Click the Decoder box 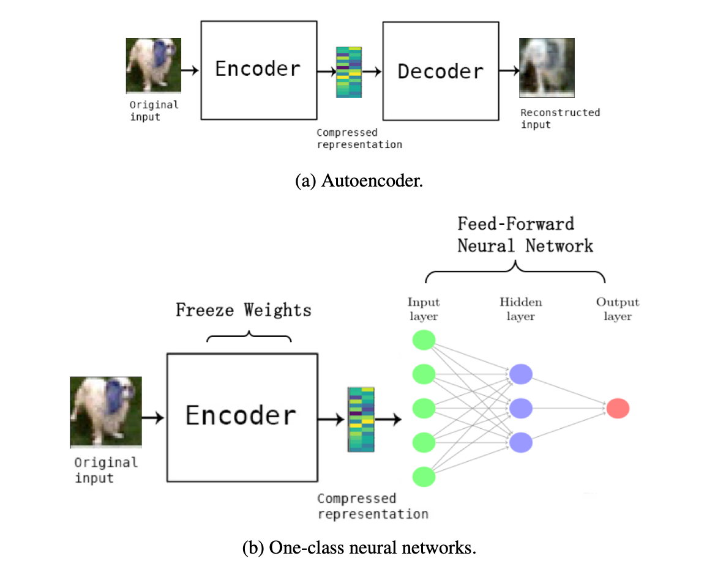(x=440, y=71)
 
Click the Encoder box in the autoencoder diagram (x=258, y=69)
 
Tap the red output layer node (x=618, y=407)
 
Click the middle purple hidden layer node (x=521, y=407)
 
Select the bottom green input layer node (x=424, y=477)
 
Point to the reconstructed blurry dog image (x=547, y=67)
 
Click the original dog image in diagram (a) (x=154, y=65)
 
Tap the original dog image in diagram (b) (x=105, y=411)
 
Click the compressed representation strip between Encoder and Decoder (x=349, y=72)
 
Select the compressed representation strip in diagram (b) (x=361, y=419)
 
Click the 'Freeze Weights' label (x=244, y=310)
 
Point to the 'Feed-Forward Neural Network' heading (x=525, y=234)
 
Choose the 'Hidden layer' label (x=521, y=309)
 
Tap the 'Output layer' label (x=618, y=309)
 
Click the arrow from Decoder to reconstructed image (x=507, y=71)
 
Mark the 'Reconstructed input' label (x=560, y=118)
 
